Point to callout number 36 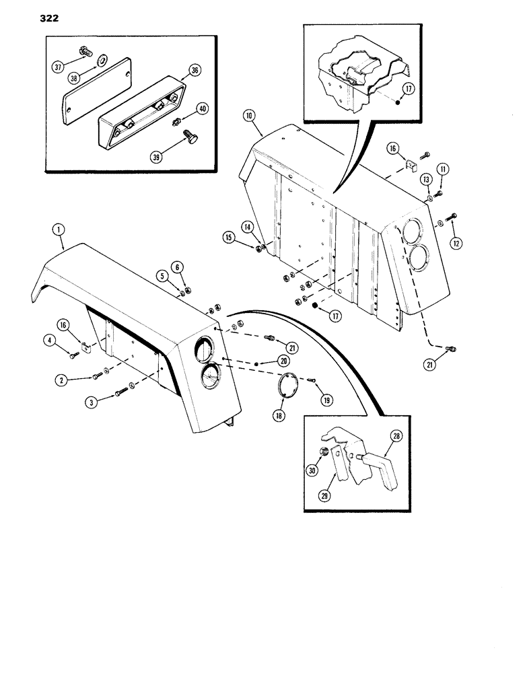pyautogui.click(x=195, y=69)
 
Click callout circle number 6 pyautogui.click(x=178, y=267)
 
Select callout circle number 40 pyautogui.click(x=201, y=108)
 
